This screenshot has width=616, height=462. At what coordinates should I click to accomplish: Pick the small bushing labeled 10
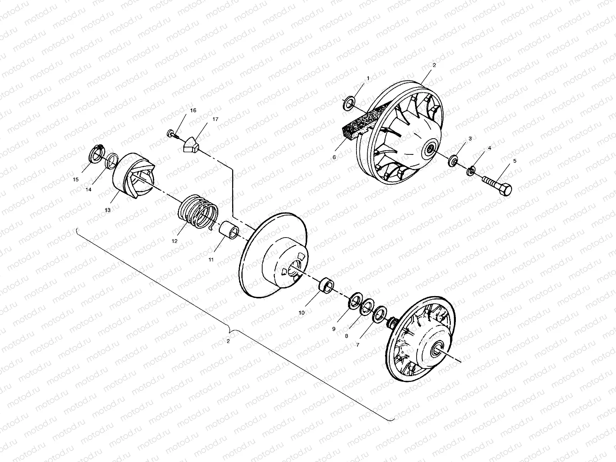(326, 286)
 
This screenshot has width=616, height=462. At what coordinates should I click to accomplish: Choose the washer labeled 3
(454, 159)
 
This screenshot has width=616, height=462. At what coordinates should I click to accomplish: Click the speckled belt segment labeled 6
(357, 122)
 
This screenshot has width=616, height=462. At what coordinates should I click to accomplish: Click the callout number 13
(107, 210)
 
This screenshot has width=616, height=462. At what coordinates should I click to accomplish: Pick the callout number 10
(301, 313)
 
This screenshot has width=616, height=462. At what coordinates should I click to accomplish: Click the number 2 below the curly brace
(228, 341)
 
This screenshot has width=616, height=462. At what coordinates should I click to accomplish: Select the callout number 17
(215, 119)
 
